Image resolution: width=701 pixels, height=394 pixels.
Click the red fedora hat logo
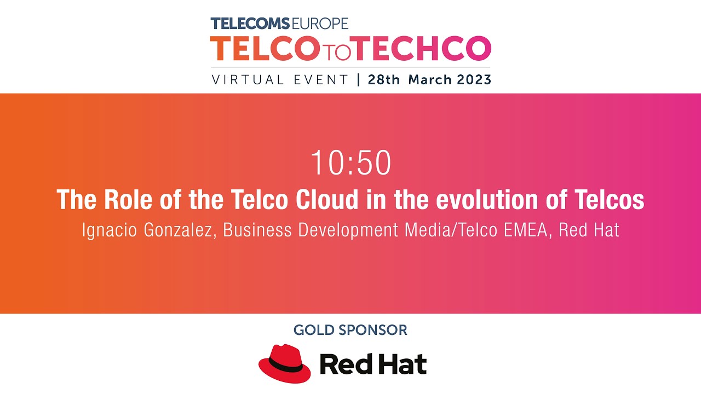click(x=285, y=363)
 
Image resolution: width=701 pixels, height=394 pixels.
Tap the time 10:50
click(x=350, y=163)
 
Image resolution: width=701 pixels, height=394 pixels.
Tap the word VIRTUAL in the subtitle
click(x=248, y=80)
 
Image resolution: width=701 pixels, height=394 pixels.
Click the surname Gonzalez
click(x=176, y=230)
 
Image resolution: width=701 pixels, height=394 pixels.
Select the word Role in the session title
click(x=120, y=200)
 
